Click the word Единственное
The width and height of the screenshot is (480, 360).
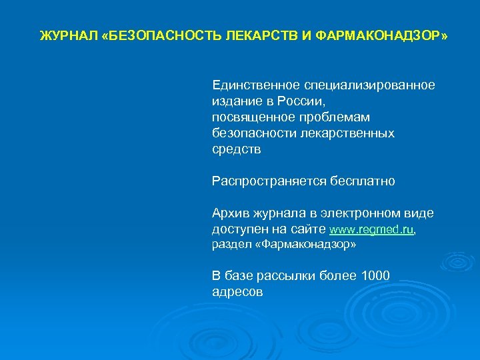point(256,85)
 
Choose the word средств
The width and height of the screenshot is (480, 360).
point(237,149)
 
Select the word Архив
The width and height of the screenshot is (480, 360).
point(230,213)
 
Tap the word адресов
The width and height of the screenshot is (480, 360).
point(237,292)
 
